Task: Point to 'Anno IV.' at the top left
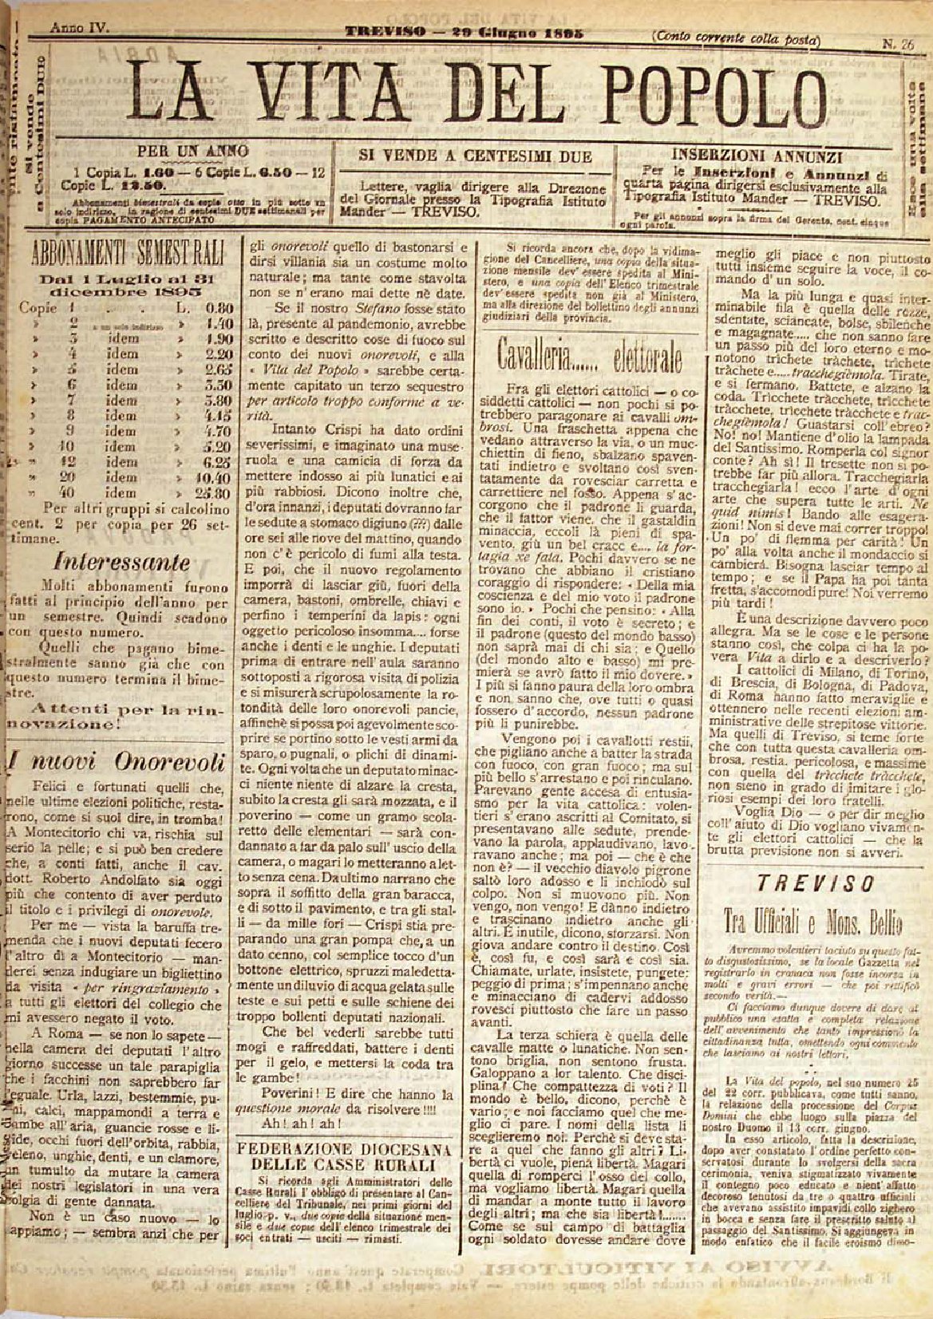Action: [x=80, y=27]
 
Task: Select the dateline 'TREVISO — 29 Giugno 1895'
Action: [x=464, y=34]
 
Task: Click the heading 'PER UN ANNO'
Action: [x=192, y=151]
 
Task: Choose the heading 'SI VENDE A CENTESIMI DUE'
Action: [x=476, y=156]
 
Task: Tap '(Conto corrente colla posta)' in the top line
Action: [x=735, y=36]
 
